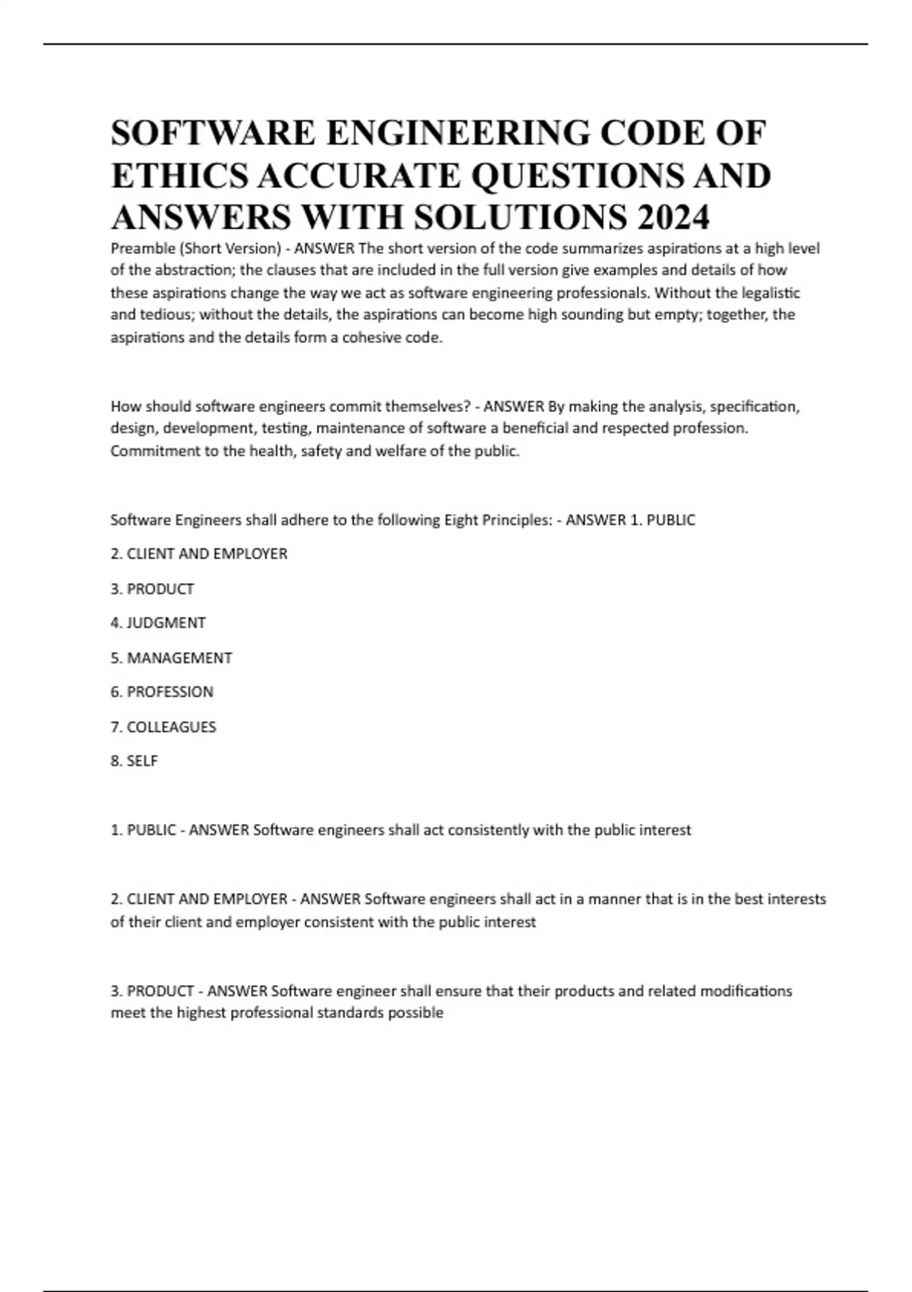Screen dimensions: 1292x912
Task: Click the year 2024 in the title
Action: pyautogui.click(x=673, y=218)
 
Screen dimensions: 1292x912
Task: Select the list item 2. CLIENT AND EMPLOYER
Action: pyautogui.click(x=199, y=554)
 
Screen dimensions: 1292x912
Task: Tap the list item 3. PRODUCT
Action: pyautogui.click(x=152, y=589)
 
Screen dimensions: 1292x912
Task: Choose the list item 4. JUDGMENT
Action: pyautogui.click(x=158, y=623)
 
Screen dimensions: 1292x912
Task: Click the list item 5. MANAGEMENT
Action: pyautogui.click(x=171, y=658)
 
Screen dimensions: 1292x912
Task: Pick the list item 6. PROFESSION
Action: pyautogui.click(x=162, y=692)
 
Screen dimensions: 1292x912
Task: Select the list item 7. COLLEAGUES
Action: pyautogui.click(x=163, y=727)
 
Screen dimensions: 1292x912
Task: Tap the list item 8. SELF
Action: pyautogui.click(x=135, y=762)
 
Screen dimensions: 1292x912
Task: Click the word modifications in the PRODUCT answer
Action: pyautogui.click(x=746, y=991)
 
